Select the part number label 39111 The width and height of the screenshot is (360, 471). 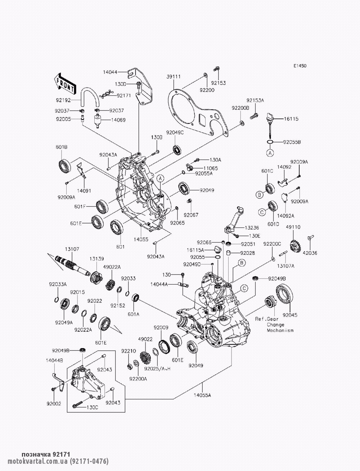click(174, 77)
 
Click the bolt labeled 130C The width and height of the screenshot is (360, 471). click(77, 404)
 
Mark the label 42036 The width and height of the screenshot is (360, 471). click(310, 253)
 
